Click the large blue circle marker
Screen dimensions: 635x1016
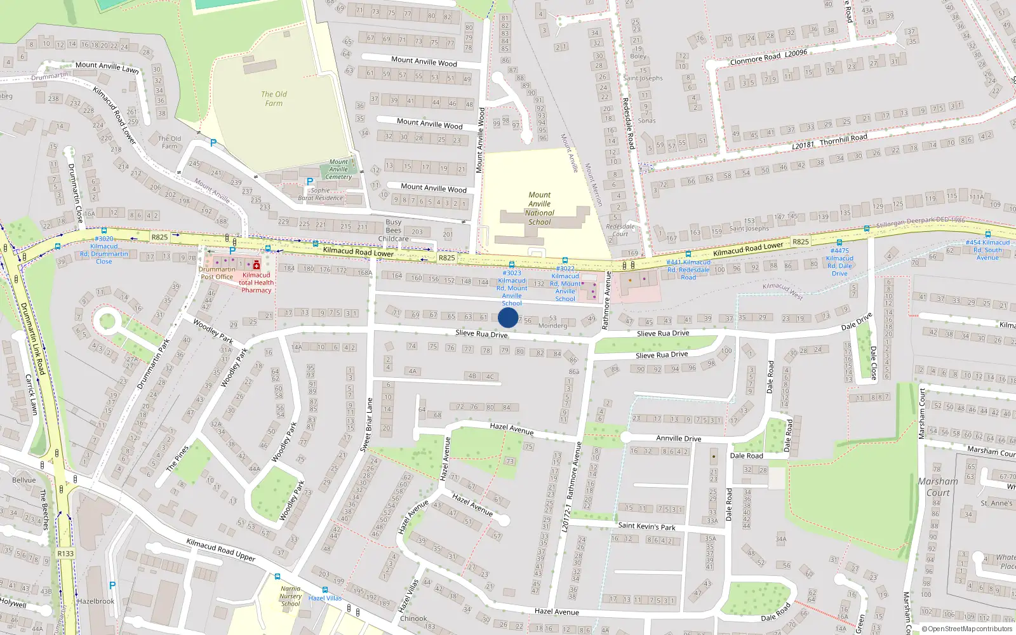[x=508, y=317]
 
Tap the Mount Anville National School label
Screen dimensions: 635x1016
[x=540, y=208]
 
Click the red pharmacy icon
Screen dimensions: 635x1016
[x=257, y=265]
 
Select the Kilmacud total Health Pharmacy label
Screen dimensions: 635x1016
[x=257, y=283]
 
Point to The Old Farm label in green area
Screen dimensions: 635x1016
[x=274, y=98]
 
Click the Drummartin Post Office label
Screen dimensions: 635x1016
[x=217, y=273]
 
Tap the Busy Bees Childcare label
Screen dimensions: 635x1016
[x=393, y=231]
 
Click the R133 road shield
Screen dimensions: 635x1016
[x=65, y=553]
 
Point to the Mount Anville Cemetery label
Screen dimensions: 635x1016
[x=338, y=169]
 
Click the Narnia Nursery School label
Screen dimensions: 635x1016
[x=291, y=596]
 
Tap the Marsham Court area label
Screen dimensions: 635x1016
[x=938, y=486]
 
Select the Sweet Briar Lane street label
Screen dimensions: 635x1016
[x=367, y=425]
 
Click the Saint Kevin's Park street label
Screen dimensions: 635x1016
[x=646, y=526]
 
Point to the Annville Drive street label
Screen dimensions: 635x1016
[x=678, y=438]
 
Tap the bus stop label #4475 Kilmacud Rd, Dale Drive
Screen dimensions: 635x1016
[x=839, y=262]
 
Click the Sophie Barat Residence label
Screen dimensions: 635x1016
[x=320, y=194]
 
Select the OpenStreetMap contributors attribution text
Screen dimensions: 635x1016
[x=968, y=629]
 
